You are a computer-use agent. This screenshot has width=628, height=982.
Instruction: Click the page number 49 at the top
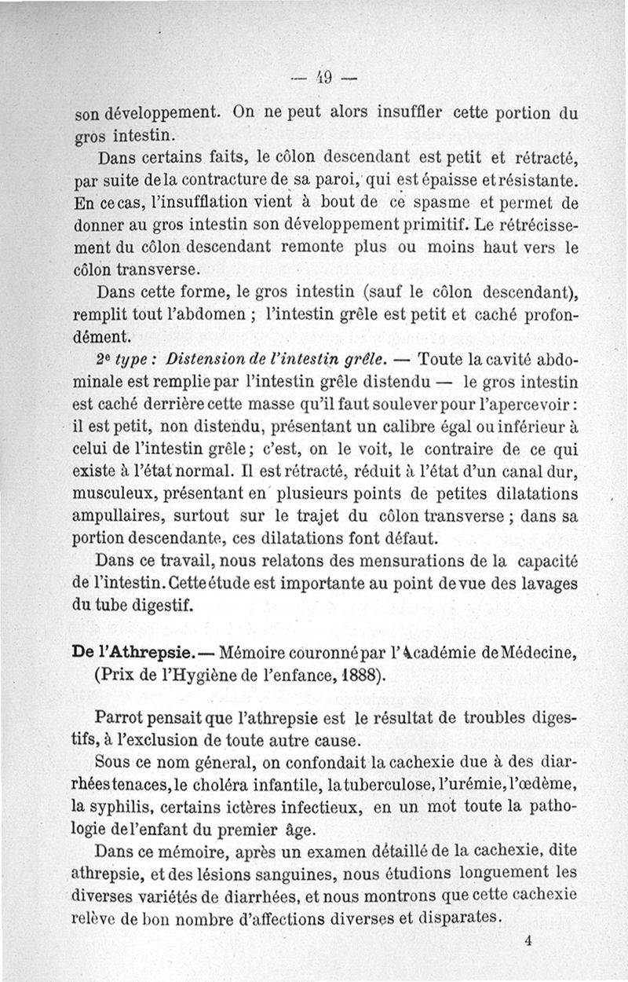pyautogui.click(x=323, y=77)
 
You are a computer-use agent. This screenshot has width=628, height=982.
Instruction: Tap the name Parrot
pyautogui.click(x=118, y=718)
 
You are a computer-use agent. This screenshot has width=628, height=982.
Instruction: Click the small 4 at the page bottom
pyautogui.click(x=528, y=945)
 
